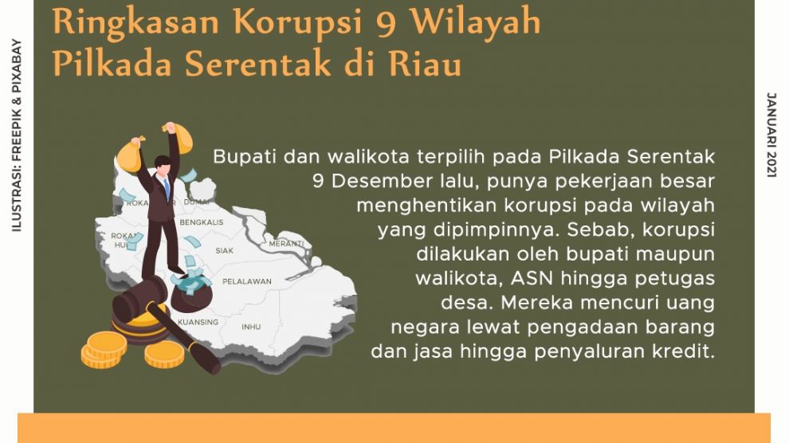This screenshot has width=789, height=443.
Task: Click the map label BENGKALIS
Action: (202, 222)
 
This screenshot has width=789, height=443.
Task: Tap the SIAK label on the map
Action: (225, 250)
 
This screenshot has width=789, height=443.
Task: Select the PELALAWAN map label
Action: (246, 281)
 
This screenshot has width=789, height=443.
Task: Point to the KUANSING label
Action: (198, 322)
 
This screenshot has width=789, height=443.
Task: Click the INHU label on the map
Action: (251, 327)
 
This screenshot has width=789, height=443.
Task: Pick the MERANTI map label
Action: (286, 244)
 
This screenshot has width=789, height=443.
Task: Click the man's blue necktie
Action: (166, 188)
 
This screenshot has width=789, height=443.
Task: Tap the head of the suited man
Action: (163, 164)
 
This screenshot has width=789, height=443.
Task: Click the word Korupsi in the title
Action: (298, 23)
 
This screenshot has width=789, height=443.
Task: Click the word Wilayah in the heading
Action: (475, 23)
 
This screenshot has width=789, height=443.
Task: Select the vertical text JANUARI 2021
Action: (771, 135)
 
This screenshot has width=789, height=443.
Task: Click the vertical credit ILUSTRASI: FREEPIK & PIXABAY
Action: (17, 135)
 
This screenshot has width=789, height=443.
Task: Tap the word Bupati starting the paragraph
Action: (245, 157)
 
